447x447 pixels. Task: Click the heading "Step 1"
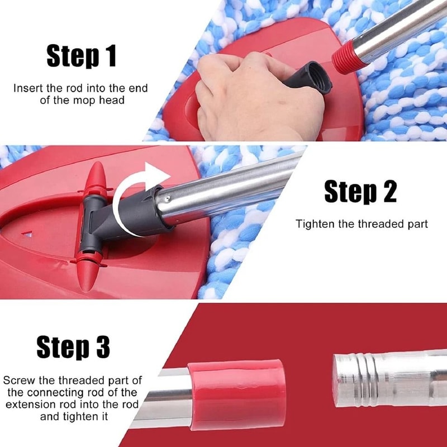pyautogui.click(x=81, y=56)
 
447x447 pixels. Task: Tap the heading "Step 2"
pyautogui.click(x=360, y=191)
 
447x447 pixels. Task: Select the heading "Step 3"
pyautogui.click(x=73, y=346)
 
